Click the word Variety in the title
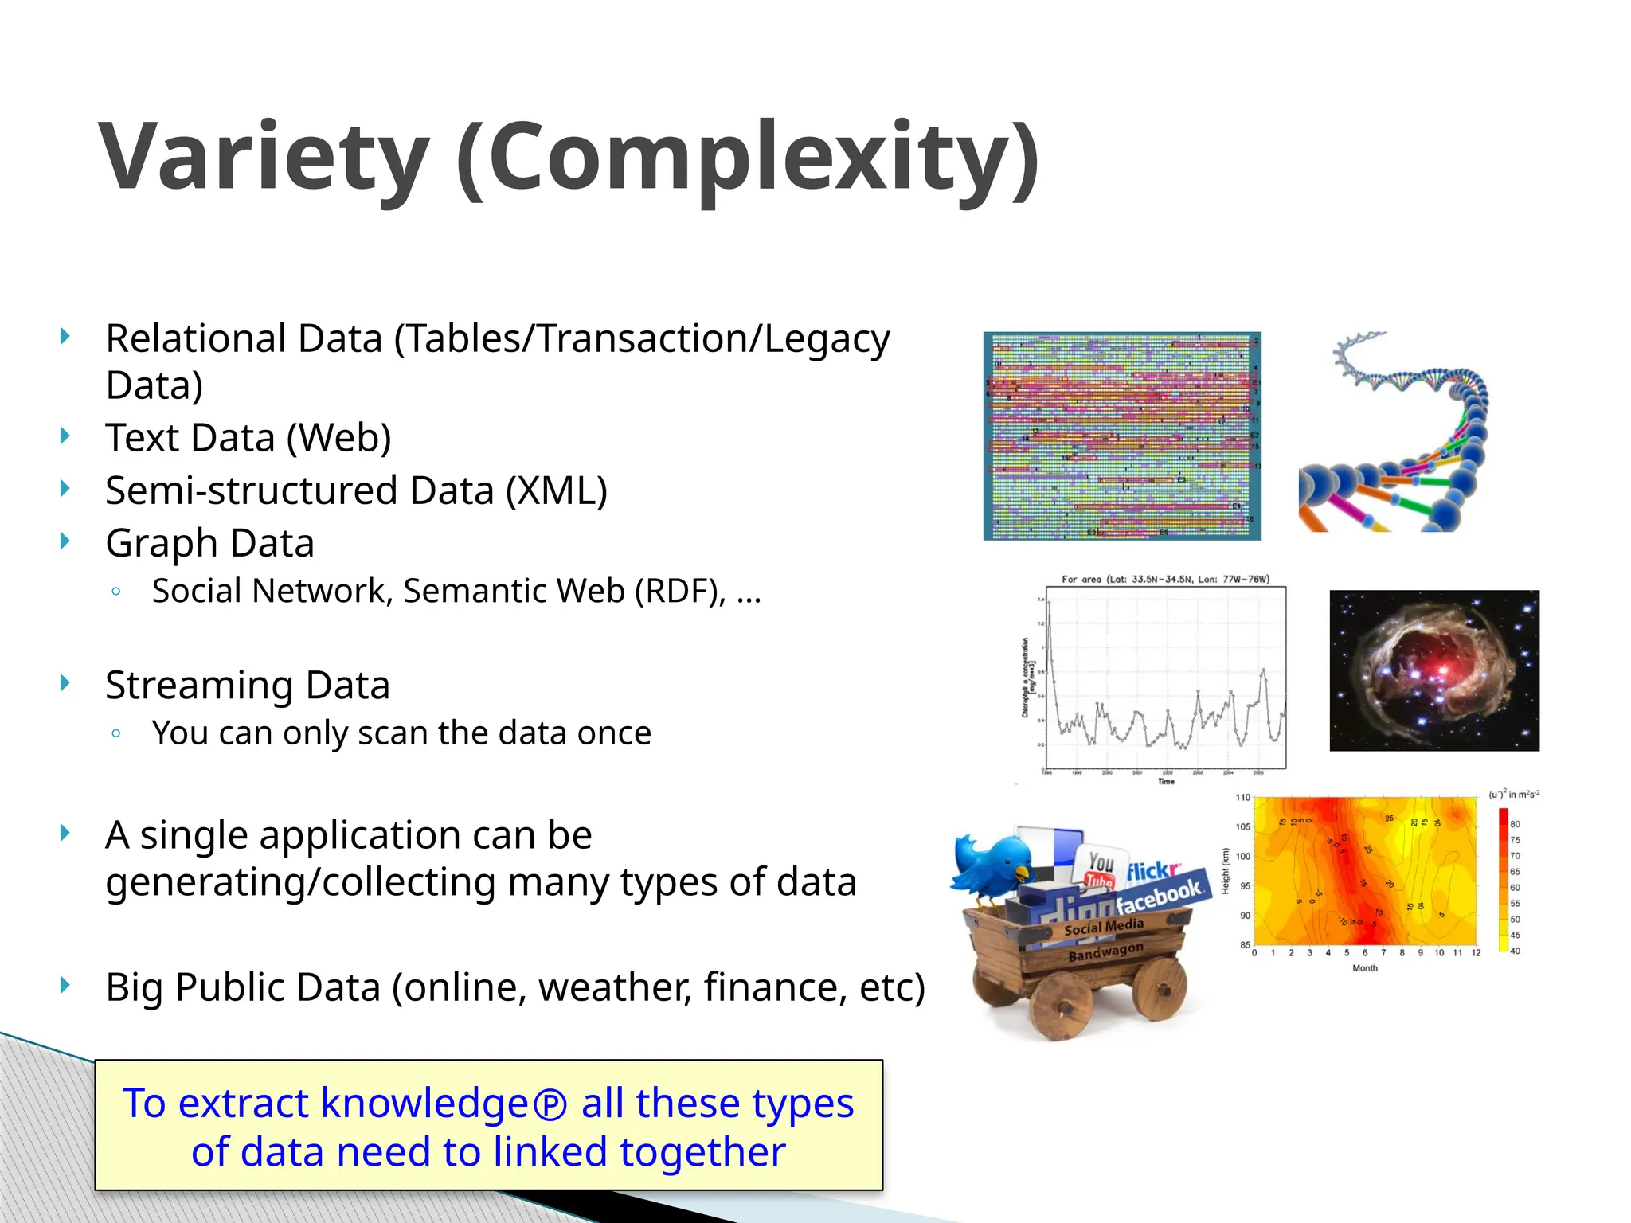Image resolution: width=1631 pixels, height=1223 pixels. [x=264, y=157]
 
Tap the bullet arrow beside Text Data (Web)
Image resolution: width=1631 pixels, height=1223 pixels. [x=65, y=436]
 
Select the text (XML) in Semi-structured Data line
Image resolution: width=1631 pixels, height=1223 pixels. [x=557, y=490]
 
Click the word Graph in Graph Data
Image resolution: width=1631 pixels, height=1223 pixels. [x=162, y=544]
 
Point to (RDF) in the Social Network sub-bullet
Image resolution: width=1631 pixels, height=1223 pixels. [x=679, y=592]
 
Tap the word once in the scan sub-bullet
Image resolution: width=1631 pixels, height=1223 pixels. [x=614, y=733]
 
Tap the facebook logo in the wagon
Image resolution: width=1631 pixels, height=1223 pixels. [x=1159, y=896]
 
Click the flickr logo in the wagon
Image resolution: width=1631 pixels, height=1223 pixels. [x=1152, y=871]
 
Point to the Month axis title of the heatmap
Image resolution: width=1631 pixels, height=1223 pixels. [x=1364, y=968]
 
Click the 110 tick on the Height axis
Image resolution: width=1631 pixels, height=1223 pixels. [x=1242, y=797]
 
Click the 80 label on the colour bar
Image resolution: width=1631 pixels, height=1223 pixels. [x=1515, y=824]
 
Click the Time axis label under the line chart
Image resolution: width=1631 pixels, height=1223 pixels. [x=1166, y=782]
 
